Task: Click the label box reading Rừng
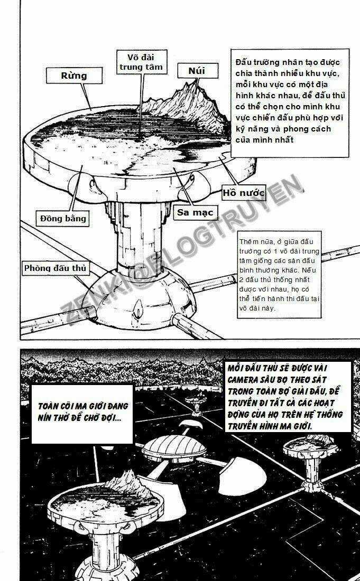tap(73, 76)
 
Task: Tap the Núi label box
tap(196, 70)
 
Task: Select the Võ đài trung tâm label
tap(141, 62)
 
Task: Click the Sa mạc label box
tap(195, 212)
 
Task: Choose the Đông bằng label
tap(63, 218)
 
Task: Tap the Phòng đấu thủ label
tap(55, 268)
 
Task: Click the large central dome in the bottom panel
tap(176, 449)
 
